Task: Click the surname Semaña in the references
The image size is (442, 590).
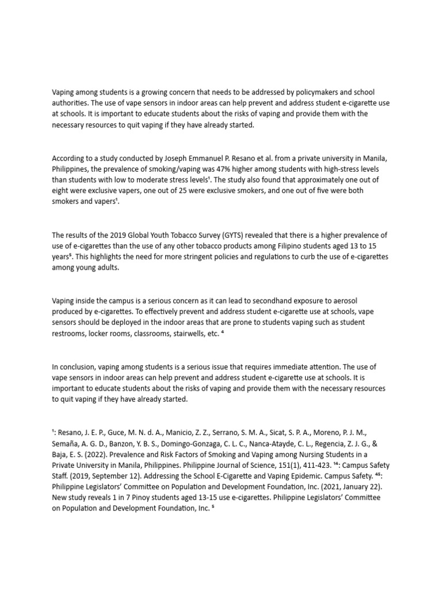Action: point(67,442)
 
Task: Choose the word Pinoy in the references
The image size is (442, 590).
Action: point(129,497)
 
